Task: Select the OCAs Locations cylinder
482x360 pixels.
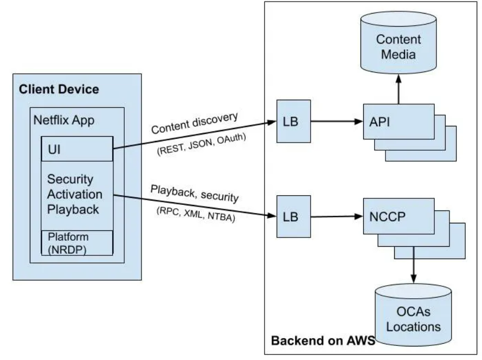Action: [x=413, y=320]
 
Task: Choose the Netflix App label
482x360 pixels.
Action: [x=64, y=120]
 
